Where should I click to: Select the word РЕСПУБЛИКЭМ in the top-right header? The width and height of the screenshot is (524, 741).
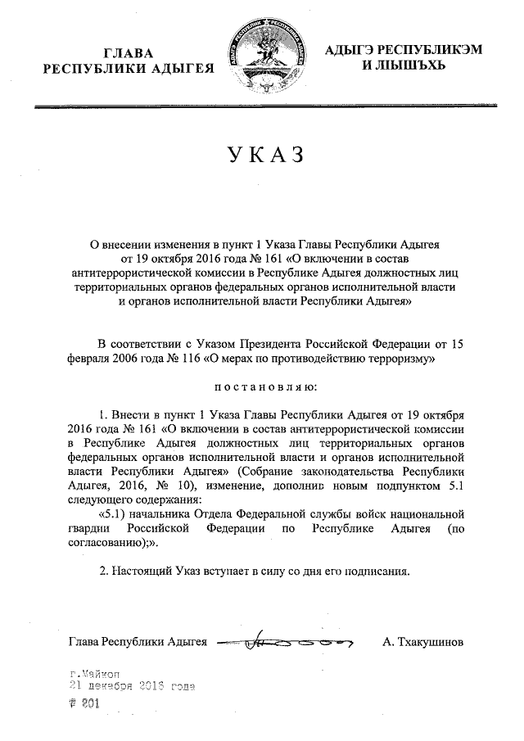(412, 51)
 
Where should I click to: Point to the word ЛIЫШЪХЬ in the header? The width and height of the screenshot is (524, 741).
(404, 66)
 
